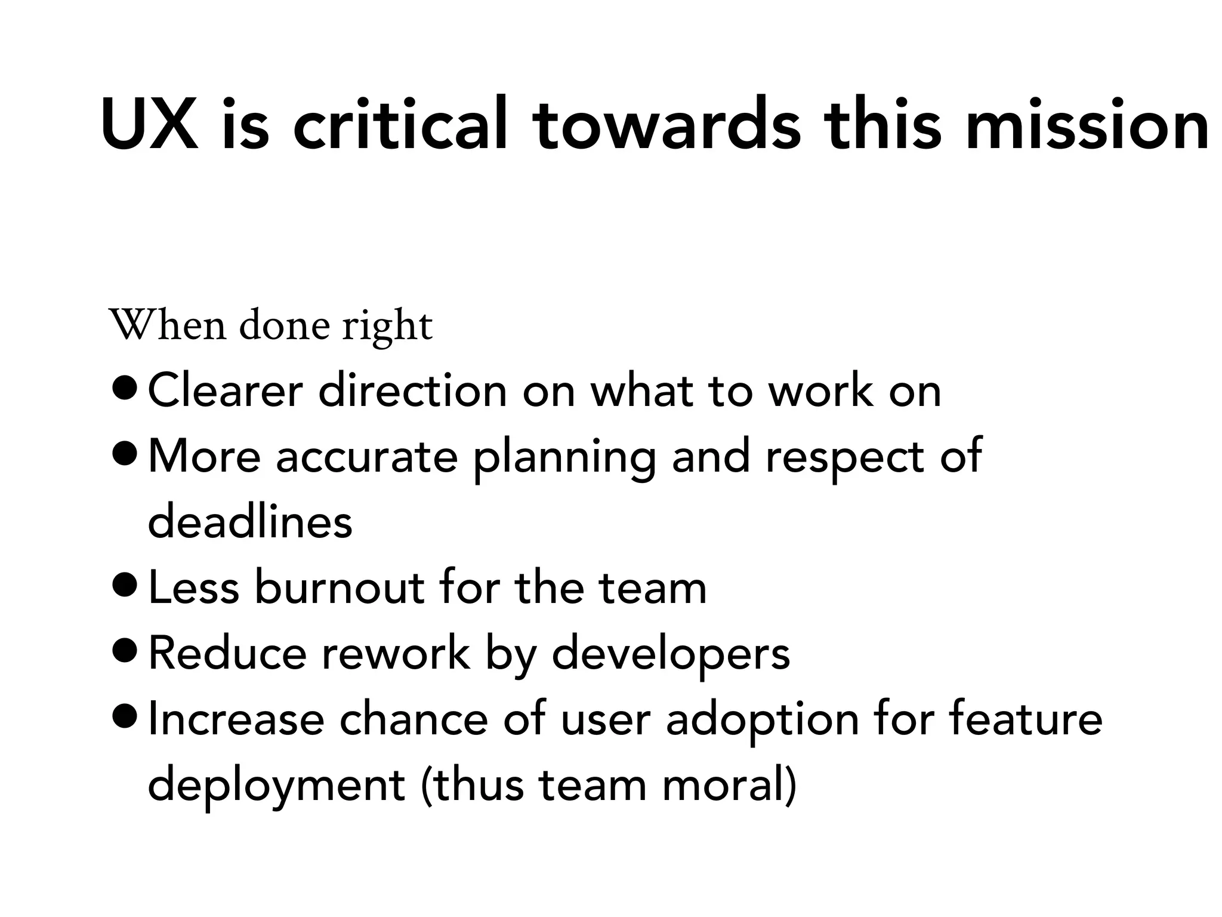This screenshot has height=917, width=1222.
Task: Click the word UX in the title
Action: pyautogui.click(x=149, y=124)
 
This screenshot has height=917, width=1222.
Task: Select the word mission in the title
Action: pyautogui.click(x=1087, y=124)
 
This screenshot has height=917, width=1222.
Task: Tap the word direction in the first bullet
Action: pyautogui.click(x=412, y=391)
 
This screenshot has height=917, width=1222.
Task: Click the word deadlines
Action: pyautogui.click(x=250, y=522)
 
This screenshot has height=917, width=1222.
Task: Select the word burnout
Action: pyautogui.click(x=339, y=588)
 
